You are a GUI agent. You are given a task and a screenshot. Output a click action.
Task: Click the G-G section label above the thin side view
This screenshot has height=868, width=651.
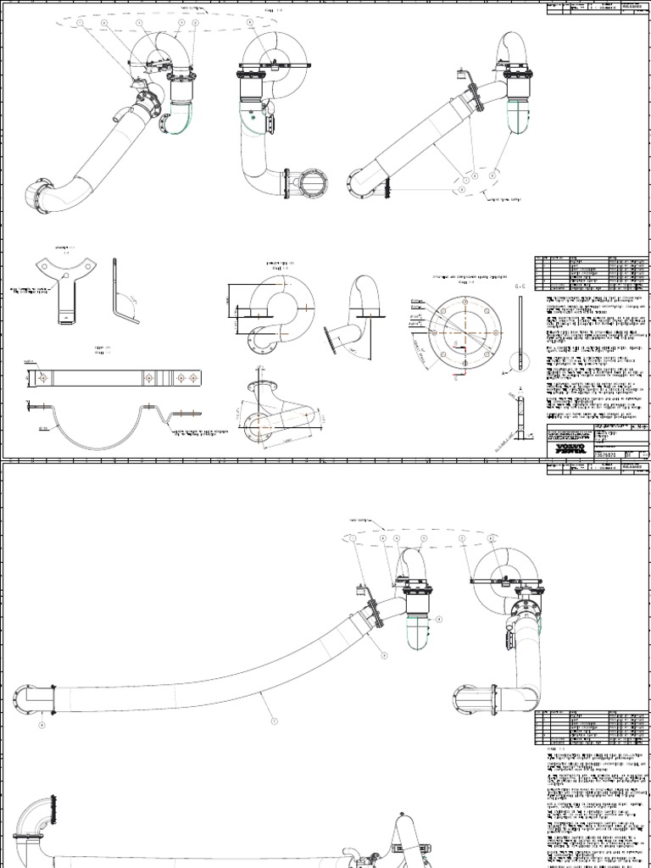(x=519, y=287)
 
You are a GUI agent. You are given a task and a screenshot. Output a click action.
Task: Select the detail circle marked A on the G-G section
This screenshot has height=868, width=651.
(x=505, y=371)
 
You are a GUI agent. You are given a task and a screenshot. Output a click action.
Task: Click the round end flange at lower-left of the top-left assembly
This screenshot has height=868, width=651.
(x=36, y=197)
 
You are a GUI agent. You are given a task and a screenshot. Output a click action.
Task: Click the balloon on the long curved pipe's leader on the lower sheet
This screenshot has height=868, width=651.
(x=274, y=721)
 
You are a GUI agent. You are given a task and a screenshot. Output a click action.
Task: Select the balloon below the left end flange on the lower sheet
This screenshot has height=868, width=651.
(x=40, y=726)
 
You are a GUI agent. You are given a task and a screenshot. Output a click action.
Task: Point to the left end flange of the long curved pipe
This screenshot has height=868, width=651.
(x=20, y=700)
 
